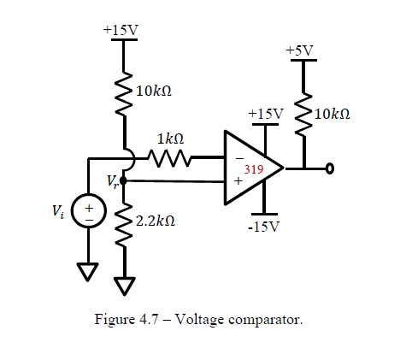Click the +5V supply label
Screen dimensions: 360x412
tap(300, 51)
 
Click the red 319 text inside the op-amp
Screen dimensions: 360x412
tap(254, 170)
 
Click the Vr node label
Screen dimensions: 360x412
tap(112, 181)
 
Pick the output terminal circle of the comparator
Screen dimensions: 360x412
tap(328, 168)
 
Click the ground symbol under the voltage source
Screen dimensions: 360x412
tap(89, 273)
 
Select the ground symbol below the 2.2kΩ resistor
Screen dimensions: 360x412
tap(125, 286)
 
